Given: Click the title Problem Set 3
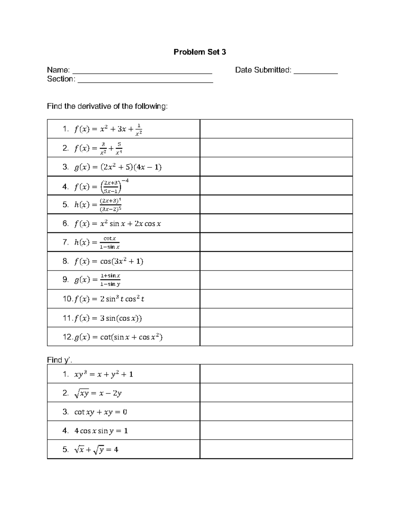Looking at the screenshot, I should pos(200,52).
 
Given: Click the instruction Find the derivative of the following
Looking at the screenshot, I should pos(107,106).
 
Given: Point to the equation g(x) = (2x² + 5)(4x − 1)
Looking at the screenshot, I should pos(118,167).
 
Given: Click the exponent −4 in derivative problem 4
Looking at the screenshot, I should pos(125,181).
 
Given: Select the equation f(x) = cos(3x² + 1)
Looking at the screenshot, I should pos(109,261).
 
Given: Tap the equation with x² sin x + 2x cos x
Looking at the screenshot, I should pos(118,223).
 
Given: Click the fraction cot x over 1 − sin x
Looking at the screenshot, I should pos(110,242).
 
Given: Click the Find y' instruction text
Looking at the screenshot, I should pos(59,360).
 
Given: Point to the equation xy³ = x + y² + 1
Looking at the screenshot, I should pos(103,374).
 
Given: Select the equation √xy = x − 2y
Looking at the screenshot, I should pos(98,393).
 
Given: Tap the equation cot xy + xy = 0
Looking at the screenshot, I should pos(100,412).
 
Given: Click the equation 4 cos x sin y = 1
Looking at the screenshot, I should pos(101,431).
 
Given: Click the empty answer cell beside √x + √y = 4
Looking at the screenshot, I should pos(276,449).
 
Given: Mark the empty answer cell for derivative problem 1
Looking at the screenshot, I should pos(276,129).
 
